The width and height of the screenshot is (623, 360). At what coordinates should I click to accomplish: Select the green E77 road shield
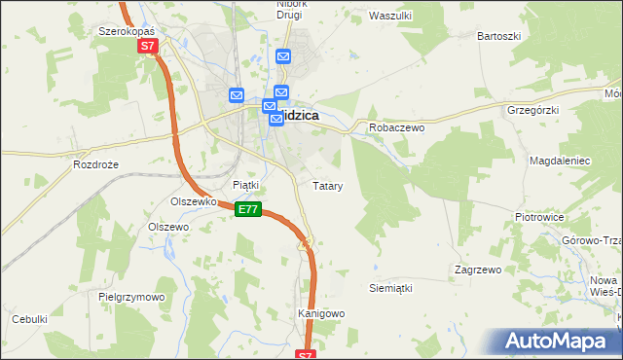pyautogui.click(x=248, y=209)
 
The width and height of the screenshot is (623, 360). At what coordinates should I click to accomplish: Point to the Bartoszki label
pyautogui.click(x=498, y=36)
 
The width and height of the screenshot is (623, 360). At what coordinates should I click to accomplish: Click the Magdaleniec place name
pyautogui.click(x=560, y=160)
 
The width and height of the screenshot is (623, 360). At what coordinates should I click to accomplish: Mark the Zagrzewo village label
pyautogui.click(x=477, y=270)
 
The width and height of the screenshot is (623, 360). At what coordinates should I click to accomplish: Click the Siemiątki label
pyautogui.click(x=391, y=289)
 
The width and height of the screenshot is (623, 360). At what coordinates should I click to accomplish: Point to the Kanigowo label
pyautogui.click(x=321, y=314)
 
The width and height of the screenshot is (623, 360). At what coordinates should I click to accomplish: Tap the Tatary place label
pyautogui.click(x=326, y=185)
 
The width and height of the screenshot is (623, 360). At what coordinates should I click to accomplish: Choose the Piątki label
pyautogui.click(x=245, y=184)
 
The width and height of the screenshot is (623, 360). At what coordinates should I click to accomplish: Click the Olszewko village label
pyautogui.click(x=192, y=201)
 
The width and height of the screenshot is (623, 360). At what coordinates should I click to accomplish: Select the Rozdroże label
pyautogui.click(x=95, y=165)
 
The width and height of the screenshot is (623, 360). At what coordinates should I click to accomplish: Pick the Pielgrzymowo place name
pyautogui.click(x=131, y=297)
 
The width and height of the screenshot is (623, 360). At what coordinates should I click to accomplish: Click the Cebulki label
pyautogui.click(x=29, y=319)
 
